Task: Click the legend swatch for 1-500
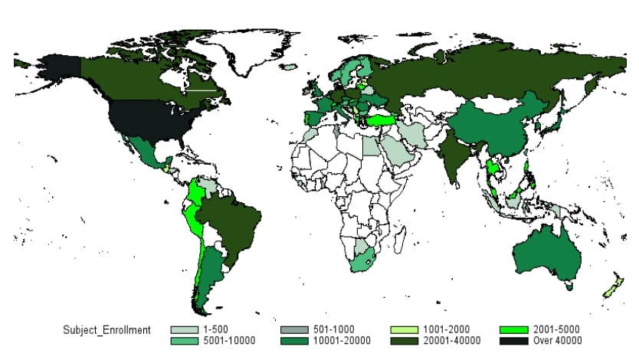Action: pos(181,329)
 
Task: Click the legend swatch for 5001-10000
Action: pos(181,341)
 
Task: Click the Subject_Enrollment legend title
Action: pos(106,329)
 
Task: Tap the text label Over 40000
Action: pos(558,341)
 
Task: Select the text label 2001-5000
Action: pos(557,329)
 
